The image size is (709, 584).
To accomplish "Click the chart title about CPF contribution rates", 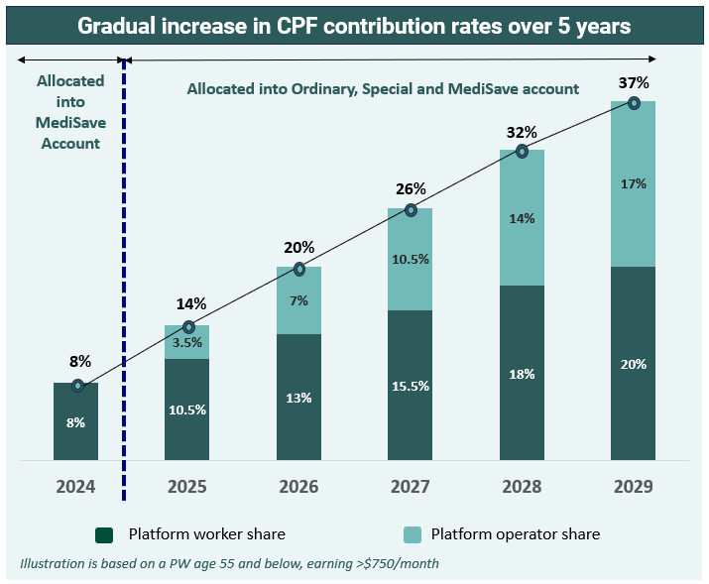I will (x=354, y=27).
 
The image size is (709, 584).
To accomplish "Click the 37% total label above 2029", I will (x=635, y=80).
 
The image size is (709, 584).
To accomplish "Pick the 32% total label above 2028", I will (x=522, y=132).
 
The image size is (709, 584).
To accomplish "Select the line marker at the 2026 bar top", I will (x=298, y=269).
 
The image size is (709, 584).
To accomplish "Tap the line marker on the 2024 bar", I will (x=77, y=386).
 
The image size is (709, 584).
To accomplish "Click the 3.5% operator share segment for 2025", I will (x=187, y=343).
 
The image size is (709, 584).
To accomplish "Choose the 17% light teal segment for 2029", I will (x=633, y=183).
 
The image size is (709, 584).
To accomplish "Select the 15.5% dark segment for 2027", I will (x=410, y=386).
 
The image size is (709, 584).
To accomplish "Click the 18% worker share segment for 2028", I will (x=522, y=374).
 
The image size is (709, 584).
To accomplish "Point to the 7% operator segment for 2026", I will (x=298, y=300).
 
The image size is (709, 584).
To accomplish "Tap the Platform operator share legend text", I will (x=515, y=534).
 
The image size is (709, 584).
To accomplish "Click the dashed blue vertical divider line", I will (x=123, y=297).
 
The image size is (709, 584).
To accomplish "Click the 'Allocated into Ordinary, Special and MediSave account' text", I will (x=383, y=89).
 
